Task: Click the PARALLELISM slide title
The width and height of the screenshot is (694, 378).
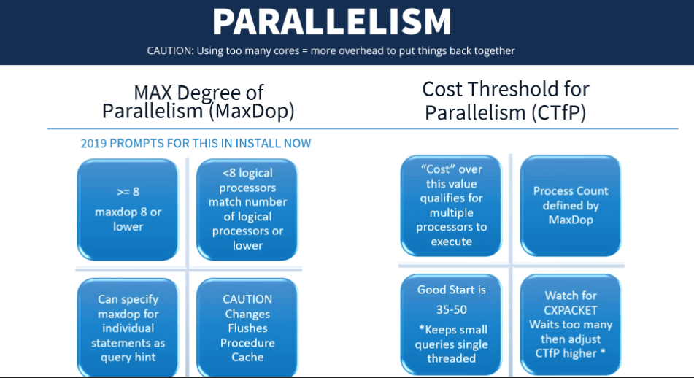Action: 332,21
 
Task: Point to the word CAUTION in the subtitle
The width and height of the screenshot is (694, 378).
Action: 170,50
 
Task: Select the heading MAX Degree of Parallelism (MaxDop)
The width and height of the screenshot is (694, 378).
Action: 198,102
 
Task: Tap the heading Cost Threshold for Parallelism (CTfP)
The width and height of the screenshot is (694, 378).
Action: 506,101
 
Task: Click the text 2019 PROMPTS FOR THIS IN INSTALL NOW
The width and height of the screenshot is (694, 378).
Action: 196,144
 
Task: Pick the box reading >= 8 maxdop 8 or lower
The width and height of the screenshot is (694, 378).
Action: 128,209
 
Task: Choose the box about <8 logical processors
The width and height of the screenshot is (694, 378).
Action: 247,209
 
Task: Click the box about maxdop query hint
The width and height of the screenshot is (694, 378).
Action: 128,328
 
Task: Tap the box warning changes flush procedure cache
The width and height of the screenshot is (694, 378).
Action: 247,328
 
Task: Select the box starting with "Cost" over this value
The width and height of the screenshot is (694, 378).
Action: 451,205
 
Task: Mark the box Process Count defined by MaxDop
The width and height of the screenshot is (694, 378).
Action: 571,205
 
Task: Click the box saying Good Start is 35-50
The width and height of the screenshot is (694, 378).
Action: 451,325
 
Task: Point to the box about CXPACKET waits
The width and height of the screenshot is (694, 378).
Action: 571,325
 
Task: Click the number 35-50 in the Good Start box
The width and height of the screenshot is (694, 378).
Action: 452,309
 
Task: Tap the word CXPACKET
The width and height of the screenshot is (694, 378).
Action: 571,310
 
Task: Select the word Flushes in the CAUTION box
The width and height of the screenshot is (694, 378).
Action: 247,328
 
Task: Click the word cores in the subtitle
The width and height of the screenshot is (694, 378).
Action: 287,50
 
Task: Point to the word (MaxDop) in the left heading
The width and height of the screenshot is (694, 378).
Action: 251,111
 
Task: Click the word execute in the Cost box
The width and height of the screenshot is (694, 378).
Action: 451,242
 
